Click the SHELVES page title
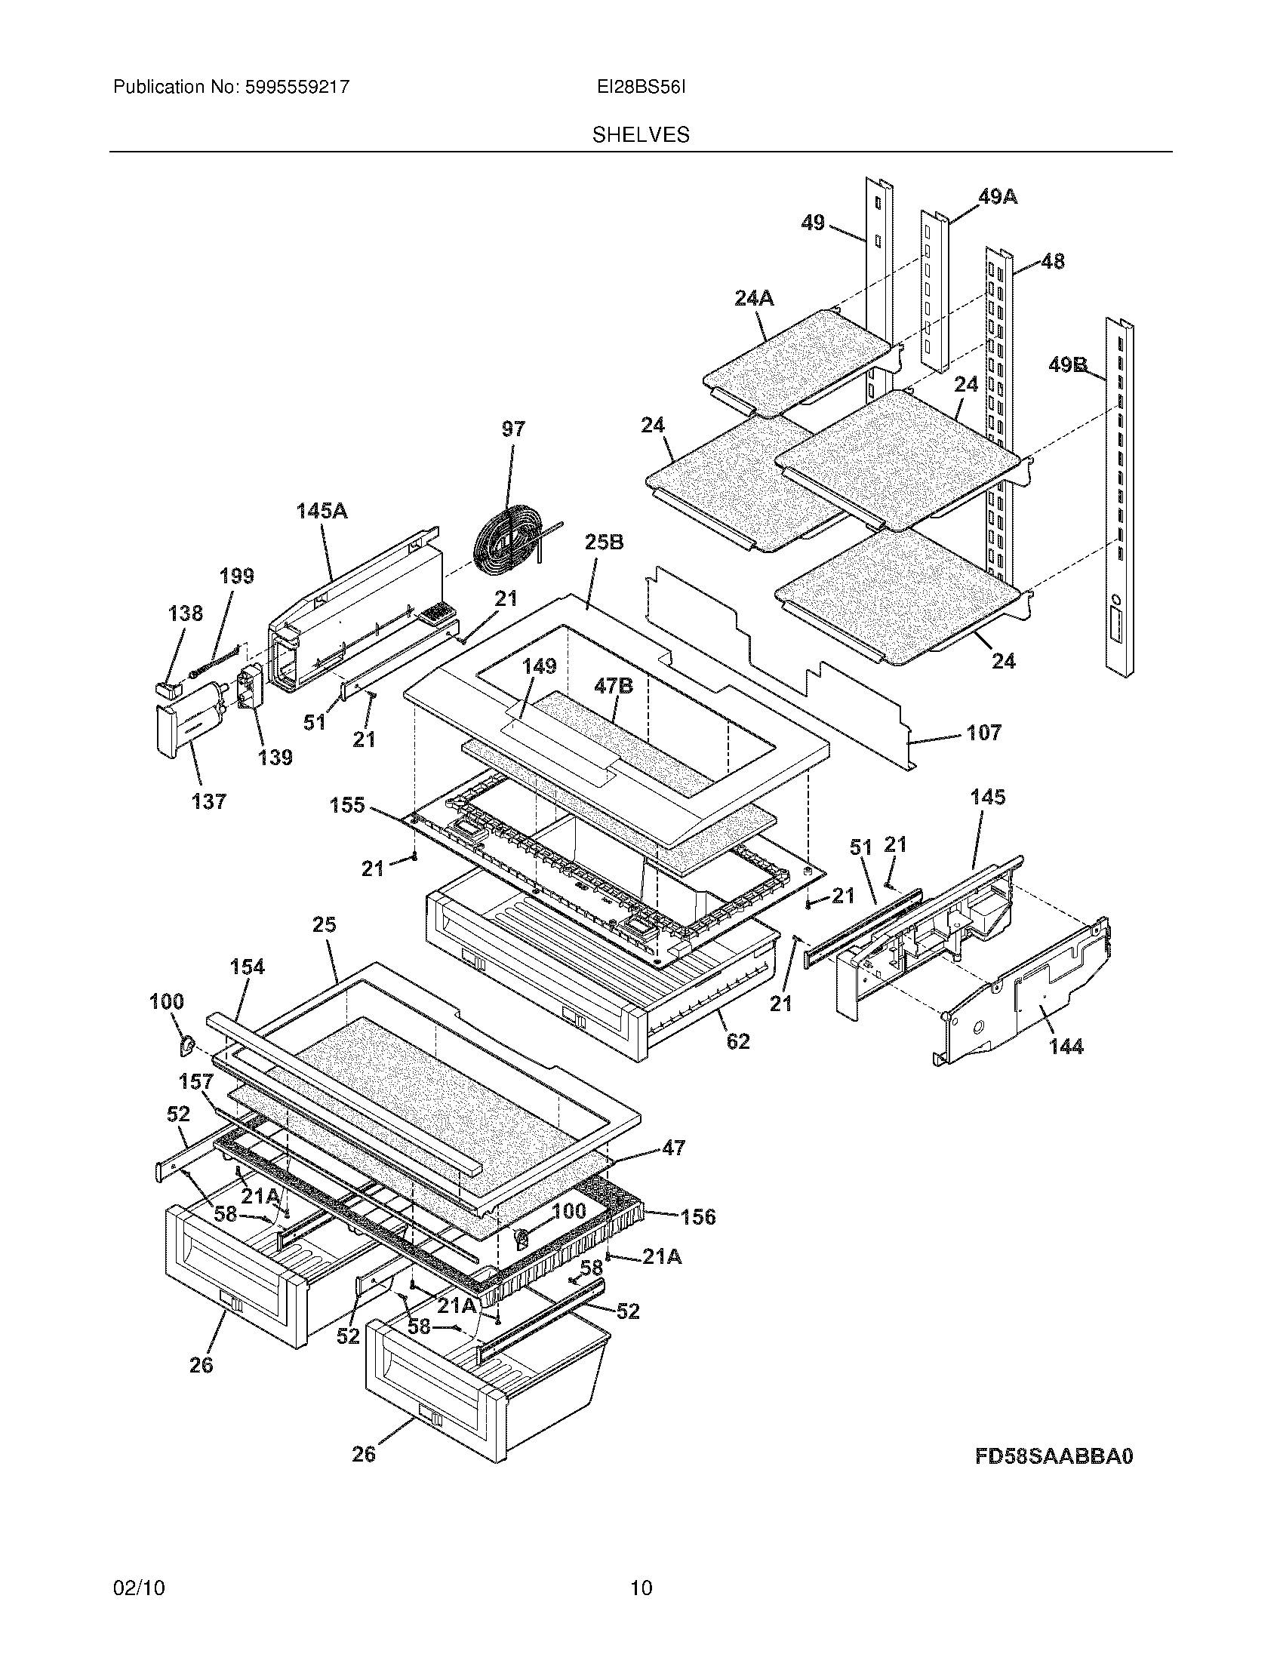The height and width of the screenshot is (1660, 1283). click(641, 135)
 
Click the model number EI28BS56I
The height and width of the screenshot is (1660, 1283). click(641, 88)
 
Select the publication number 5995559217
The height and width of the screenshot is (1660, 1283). click(297, 88)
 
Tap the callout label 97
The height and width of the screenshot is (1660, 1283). click(513, 429)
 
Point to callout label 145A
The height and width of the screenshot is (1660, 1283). click(322, 512)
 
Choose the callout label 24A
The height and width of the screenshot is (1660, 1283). click(754, 299)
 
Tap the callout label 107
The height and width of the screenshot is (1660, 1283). click(983, 733)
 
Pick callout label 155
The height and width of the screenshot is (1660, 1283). click(347, 805)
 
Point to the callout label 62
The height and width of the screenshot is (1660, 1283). click(738, 1041)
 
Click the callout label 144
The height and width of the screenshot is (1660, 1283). click(1066, 1047)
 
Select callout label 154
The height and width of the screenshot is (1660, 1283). click(248, 967)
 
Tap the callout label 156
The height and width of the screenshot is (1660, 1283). click(698, 1218)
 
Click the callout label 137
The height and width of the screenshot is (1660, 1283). click(209, 801)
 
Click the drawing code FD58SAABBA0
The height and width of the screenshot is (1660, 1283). click(1054, 1456)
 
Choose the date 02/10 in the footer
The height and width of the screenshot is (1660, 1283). click(138, 1588)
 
